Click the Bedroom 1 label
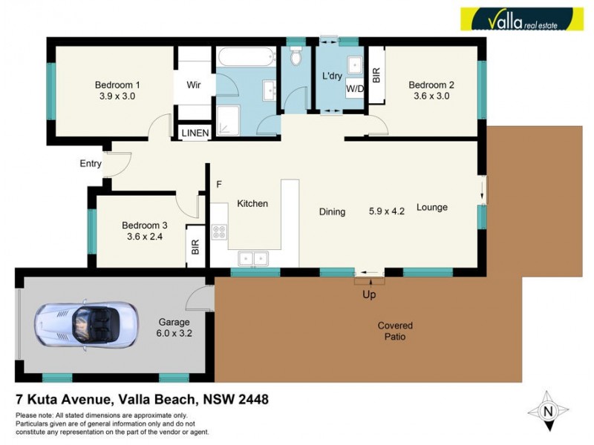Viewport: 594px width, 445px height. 117,85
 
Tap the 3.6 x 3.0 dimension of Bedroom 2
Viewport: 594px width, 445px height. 431,96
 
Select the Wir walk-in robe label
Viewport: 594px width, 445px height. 194,85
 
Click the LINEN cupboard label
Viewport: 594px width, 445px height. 195,133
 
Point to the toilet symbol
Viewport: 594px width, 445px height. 296,56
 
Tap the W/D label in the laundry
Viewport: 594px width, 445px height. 354,88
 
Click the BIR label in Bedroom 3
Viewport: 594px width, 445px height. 195,245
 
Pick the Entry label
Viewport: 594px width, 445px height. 91,164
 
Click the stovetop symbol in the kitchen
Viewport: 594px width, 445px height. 218,231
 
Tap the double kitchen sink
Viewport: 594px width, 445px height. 253,258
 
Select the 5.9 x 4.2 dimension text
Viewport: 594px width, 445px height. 386,211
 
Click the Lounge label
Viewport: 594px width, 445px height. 431,207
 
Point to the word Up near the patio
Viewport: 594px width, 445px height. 369,294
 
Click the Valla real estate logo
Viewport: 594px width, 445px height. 521,19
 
